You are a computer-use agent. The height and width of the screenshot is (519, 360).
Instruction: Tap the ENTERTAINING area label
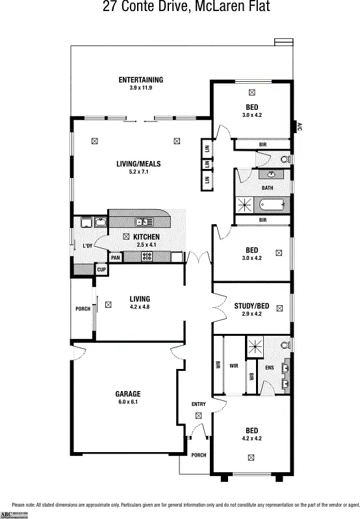point(140,80)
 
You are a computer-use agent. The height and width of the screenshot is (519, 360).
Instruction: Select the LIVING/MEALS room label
point(138,164)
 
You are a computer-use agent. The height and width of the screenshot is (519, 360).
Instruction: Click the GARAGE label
point(128,394)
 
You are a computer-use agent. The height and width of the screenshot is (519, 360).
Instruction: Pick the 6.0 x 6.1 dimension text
point(128,402)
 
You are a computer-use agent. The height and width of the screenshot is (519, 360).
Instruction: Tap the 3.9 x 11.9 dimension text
point(140,88)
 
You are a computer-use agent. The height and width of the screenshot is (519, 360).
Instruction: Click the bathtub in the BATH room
point(272,205)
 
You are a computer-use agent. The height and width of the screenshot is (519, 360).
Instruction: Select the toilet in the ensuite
point(285,346)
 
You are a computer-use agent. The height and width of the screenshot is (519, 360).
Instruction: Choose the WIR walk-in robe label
point(233,366)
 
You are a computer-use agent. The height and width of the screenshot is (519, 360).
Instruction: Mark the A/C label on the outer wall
point(300,127)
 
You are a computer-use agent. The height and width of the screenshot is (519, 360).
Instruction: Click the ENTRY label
point(198,405)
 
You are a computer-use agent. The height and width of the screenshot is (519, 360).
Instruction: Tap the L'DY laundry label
point(87,246)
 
